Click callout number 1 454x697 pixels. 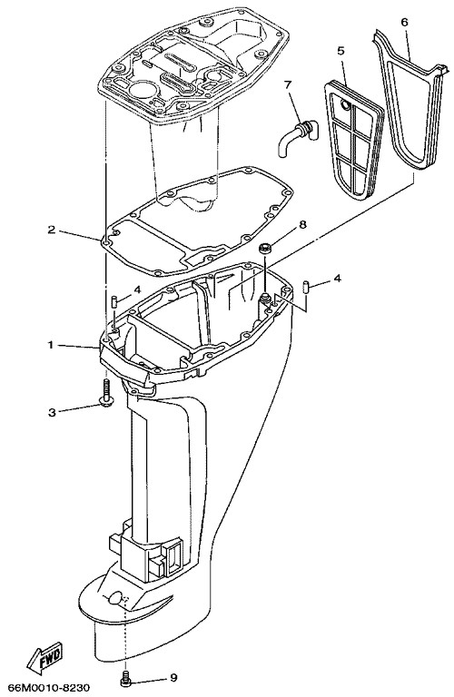click(51, 345)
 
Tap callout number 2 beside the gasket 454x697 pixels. click(52, 230)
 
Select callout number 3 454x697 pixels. click(52, 413)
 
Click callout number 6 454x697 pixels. click(404, 22)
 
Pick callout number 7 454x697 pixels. click(287, 83)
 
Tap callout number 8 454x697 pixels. click(302, 224)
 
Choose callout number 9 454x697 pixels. click(173, 678)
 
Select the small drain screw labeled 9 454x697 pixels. click(126, 678)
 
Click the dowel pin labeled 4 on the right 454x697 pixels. click(305, 286)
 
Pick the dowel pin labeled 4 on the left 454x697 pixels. click(113, 301)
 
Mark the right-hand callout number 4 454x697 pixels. click(338, 279)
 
